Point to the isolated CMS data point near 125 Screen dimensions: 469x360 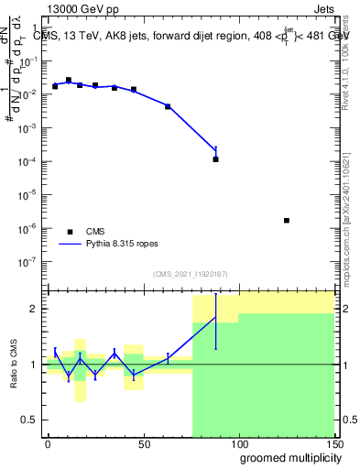(x=287, y=221)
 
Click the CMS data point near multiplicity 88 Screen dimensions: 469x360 (x=215, y=159)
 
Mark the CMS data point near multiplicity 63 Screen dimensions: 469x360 (x=168, y=107)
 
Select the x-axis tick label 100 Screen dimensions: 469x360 (x=238, y=443)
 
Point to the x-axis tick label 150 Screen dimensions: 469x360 (x=334, y=443)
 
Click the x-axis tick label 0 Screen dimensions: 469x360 (x=48, y=443)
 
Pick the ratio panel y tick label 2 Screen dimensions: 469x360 (x=36, y=309)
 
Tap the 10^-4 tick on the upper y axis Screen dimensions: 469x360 (x=30, y=161)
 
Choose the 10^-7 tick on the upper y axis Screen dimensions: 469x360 (x=30, y=261)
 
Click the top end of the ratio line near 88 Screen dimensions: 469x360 (x=215, y=318)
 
